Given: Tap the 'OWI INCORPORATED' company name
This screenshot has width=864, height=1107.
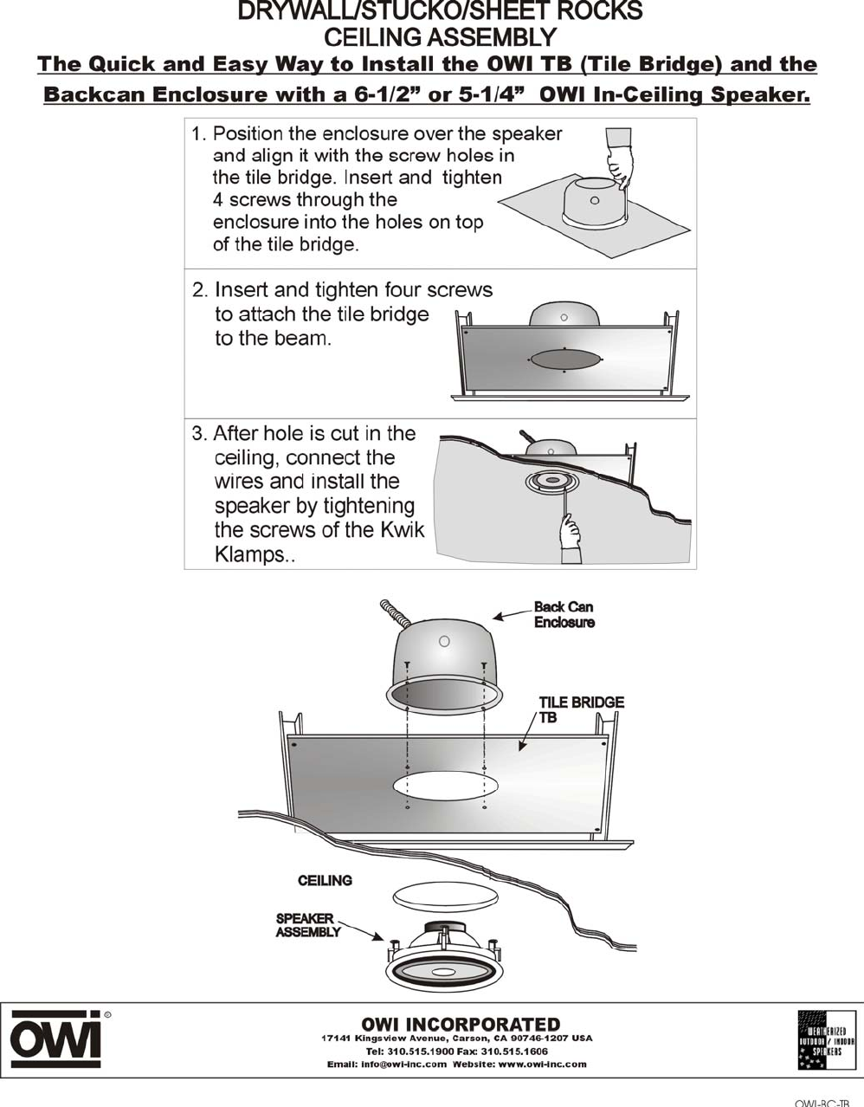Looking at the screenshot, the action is click(x=460, y=1025).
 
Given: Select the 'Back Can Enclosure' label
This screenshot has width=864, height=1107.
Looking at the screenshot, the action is click(x=564, y=614).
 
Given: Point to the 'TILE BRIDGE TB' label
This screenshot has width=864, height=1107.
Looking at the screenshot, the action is click(x=580, y=709).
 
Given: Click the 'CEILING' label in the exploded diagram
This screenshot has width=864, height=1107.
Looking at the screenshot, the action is click(x=325, y=881).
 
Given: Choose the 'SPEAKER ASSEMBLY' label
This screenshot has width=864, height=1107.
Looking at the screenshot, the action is click(x=308, y=925).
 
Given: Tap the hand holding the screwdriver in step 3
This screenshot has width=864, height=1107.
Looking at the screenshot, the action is click(x=570, y=530).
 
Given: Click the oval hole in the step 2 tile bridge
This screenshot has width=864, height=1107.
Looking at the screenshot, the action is click(x=564, y=359).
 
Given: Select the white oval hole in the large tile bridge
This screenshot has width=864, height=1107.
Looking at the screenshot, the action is click(x=445, y=787).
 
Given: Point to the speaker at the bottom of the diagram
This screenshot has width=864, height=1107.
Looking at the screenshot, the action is click(x=444, y=963).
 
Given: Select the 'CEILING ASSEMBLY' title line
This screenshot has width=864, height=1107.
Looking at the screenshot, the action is click(x=439, y=37).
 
